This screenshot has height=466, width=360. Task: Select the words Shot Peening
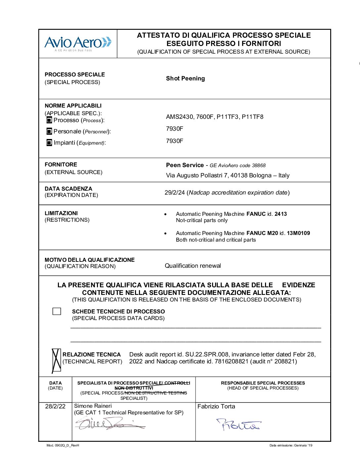185,78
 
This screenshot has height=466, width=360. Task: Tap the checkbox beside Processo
49,120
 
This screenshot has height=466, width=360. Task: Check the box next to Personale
49,131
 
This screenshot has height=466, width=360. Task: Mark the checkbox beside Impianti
49,143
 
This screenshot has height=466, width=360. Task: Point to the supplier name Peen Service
185,165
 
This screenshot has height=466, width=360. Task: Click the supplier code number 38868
259,165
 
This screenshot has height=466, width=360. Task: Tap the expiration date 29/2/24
174,193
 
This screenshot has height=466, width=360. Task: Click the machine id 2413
281,214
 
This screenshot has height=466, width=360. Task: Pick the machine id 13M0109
298,233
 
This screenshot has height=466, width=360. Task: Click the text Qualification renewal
193,266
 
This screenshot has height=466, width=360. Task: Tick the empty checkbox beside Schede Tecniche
57,311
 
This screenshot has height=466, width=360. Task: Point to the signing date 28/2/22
55,406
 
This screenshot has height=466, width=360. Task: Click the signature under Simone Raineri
109,423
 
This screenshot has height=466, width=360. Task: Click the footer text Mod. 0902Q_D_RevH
63,445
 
